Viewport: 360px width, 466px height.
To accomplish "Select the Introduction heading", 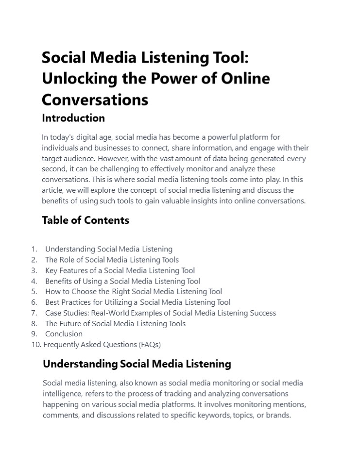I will [x=73, y=118].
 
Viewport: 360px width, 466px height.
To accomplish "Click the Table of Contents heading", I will [x=86, y=220].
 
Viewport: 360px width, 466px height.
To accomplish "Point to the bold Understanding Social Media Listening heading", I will [x=137, y=364].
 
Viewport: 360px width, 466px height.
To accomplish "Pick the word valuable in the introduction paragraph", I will [x=174, y=200].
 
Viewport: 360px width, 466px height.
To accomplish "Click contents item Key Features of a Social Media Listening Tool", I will [x=120, y=270].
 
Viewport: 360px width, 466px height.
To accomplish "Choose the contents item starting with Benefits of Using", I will [x=122, y=281].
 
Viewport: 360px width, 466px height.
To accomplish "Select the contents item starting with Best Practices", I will [x=137, y=302].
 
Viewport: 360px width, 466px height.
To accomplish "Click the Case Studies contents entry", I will [x=160, y=313].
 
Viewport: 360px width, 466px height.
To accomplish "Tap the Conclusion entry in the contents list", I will [x=64, y=333].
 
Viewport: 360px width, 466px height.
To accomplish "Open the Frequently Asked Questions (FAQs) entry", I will [x=102, y=345].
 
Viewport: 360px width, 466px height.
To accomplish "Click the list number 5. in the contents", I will [x=34, y=291].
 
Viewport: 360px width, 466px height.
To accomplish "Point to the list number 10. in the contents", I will [x=36, y=345].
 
